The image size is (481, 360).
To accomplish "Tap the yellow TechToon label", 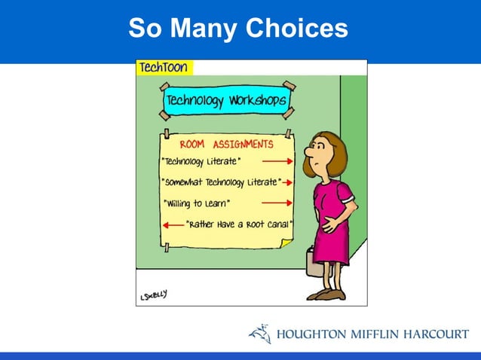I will click(x=164, y=68).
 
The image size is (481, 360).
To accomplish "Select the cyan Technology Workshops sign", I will click(x=225, y=100).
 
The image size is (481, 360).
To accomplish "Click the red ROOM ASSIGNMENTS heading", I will click(x=226, y=144).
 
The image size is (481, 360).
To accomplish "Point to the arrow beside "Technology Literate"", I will click(x=277, y=161).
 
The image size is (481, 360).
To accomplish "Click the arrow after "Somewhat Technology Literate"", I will click(x=287, y=182).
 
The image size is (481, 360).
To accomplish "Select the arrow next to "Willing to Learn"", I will click(x=277, y=203).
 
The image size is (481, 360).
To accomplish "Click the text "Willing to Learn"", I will click(x=198, y=203).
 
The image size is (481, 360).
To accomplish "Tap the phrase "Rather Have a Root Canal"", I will click(x=239, y=223).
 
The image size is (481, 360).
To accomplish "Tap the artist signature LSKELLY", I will click(x=152, y=295).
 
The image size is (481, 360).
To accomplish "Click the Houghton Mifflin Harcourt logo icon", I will click(x=259, y=334).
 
